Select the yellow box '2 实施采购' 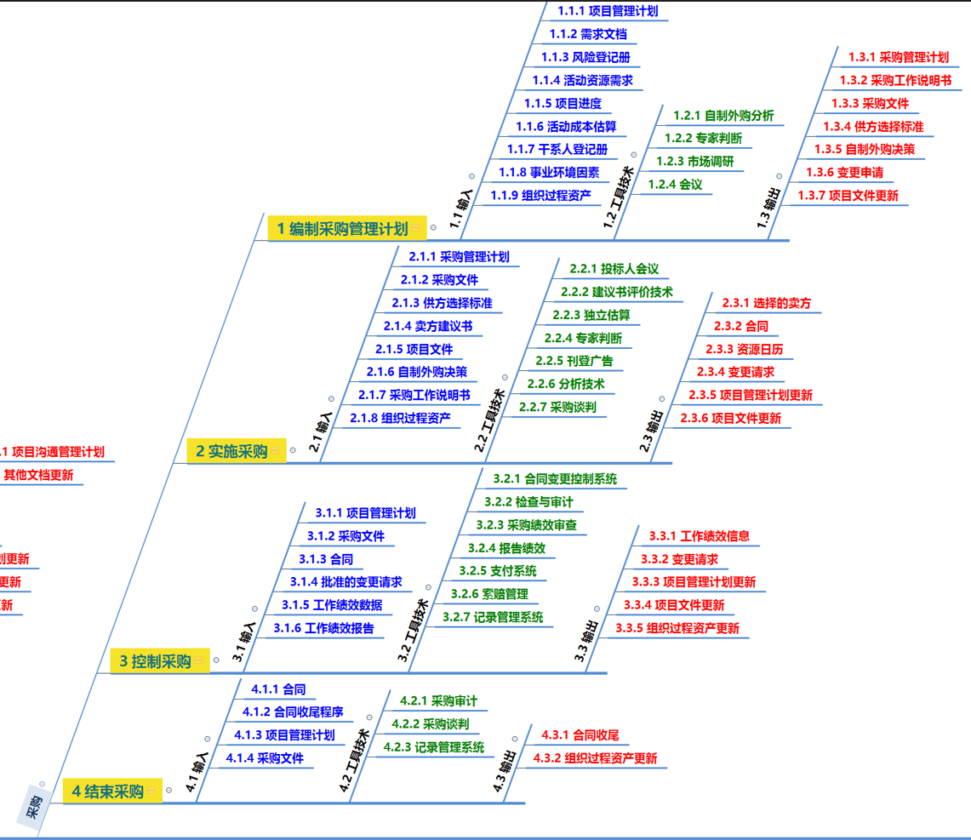[231, 451]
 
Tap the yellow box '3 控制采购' [155, 660]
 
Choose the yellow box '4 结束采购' [107, 791]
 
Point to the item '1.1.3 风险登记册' [585, 57]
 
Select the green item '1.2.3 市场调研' [694, 161]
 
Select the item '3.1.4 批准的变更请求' [346, 582]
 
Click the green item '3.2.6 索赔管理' [489, 593]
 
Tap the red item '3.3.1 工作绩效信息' [700, 535]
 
